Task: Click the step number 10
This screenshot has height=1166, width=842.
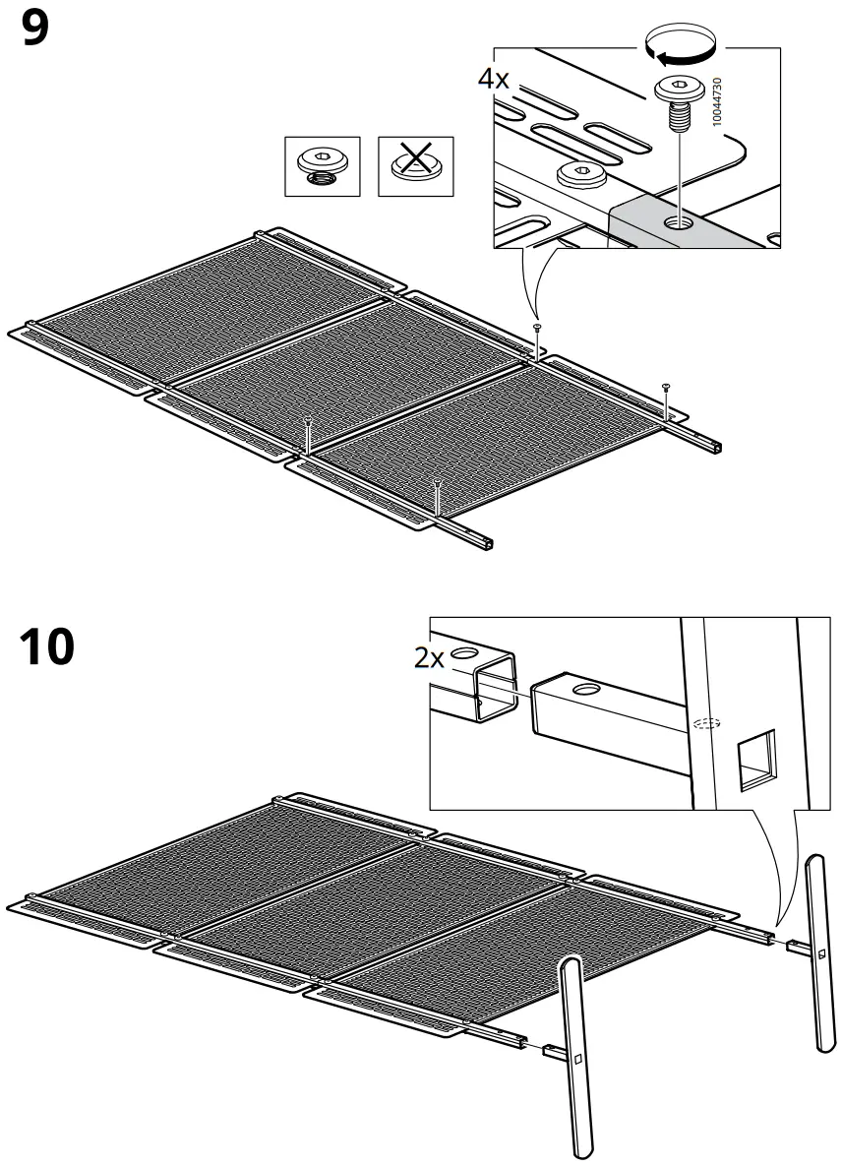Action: click(46, 647)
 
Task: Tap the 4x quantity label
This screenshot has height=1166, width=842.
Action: click(494, 80)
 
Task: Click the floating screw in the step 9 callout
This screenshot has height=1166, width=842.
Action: click(677, 103)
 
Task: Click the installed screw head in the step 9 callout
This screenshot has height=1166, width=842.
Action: click(580, 175)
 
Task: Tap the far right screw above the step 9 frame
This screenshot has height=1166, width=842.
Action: click(666, 387)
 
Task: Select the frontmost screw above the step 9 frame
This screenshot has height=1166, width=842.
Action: click(436, 484)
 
